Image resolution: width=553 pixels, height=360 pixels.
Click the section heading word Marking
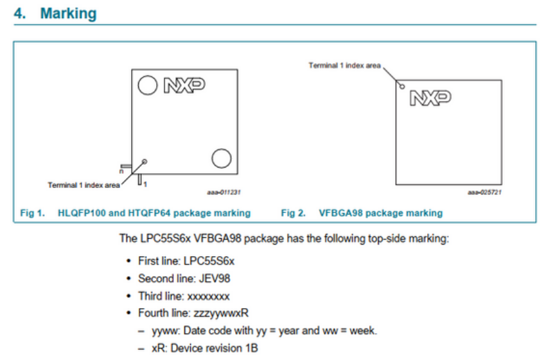[68, 13]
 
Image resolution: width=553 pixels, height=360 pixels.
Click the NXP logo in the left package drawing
[184, 85]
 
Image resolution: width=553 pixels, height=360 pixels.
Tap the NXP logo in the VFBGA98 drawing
[430, 98]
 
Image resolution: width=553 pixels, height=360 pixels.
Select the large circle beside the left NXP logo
[149, 85]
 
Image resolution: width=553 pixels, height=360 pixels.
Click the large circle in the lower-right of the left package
[222, 158]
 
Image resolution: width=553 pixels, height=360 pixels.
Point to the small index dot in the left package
[145, 161]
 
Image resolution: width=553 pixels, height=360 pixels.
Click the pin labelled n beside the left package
[125, 166]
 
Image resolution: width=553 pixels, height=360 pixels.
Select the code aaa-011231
[224, 192]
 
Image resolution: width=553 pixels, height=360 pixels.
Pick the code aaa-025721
[485, 192]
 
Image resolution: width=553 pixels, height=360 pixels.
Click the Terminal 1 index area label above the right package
[344, 65]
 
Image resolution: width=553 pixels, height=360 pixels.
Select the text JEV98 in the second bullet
[216, 279]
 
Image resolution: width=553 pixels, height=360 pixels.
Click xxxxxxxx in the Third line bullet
[208, 296]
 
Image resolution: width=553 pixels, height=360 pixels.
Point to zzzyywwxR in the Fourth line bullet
[220, 313]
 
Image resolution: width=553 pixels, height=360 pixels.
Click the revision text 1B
[251, 348]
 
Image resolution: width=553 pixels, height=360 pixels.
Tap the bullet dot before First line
[128, 261]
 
